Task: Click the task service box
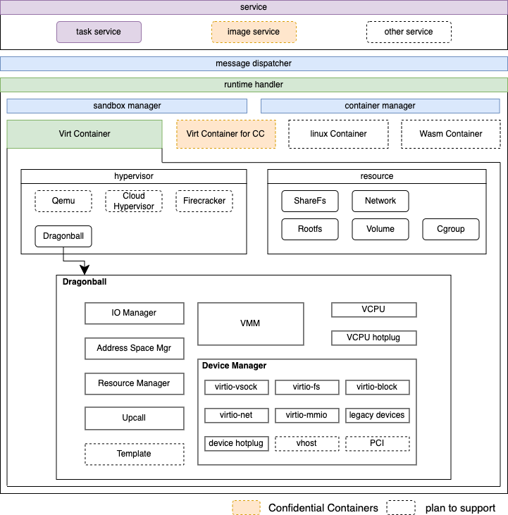(99, 32)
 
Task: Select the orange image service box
(254, 32)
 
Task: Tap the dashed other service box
(409, 32)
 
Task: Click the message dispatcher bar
(254, 63)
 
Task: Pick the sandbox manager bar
(127, 106)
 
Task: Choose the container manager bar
(380, 106)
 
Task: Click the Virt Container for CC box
(225, 134)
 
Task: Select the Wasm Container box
(451, 134)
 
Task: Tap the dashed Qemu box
(63, 201)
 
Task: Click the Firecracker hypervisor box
(204, 201)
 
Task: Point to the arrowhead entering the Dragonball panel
(85, 271)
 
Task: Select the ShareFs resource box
(310, 201)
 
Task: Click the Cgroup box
(451, 229)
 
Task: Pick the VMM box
(250, 323)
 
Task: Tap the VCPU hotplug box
(373, 338)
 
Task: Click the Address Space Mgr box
(134, 348)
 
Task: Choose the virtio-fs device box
(306, 387)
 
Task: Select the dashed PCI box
(377, 443)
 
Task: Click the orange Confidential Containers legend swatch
(245, 507)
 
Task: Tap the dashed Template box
(134, 454)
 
